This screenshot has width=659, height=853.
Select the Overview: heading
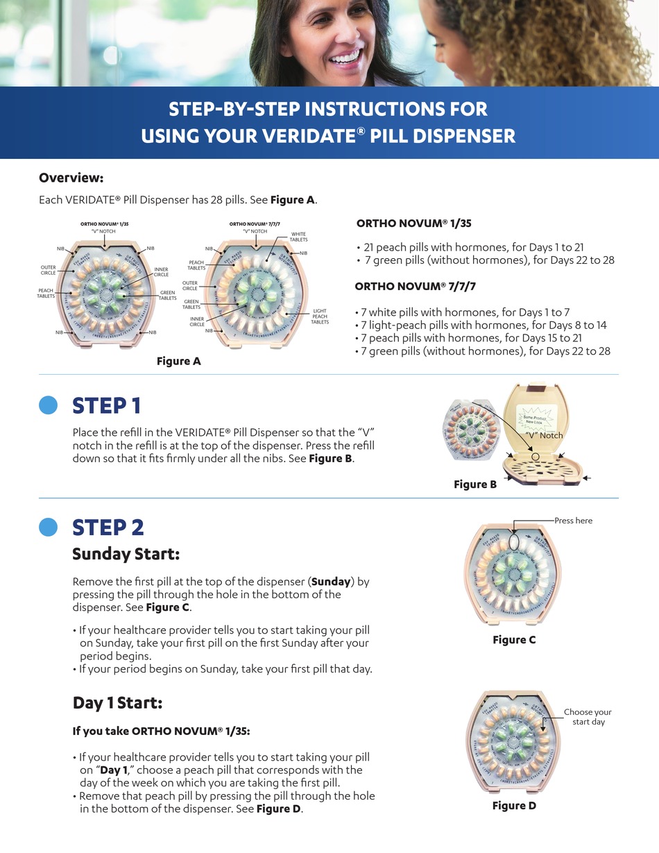pos(71,178)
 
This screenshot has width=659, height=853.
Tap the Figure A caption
pos(178,361)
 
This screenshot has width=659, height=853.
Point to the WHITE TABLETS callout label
pos(298,237)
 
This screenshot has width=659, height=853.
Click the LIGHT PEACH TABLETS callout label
pos(320,316)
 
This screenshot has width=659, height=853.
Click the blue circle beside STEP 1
pos(48,405)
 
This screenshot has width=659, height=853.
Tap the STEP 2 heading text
pos(108,527)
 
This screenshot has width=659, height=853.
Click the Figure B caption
pos(475,484)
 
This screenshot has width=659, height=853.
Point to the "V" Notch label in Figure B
pos(544,435)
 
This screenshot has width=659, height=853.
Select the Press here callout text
pos(573,521)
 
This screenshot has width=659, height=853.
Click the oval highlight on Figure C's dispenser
pos(513,540)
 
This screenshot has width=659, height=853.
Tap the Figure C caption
pos(514,640)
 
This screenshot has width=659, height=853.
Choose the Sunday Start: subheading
pos(126,554)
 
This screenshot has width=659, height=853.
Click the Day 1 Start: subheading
pos(117,702)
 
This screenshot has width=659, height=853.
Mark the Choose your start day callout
pos(588,717)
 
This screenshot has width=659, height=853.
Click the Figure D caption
pos(514,805)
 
